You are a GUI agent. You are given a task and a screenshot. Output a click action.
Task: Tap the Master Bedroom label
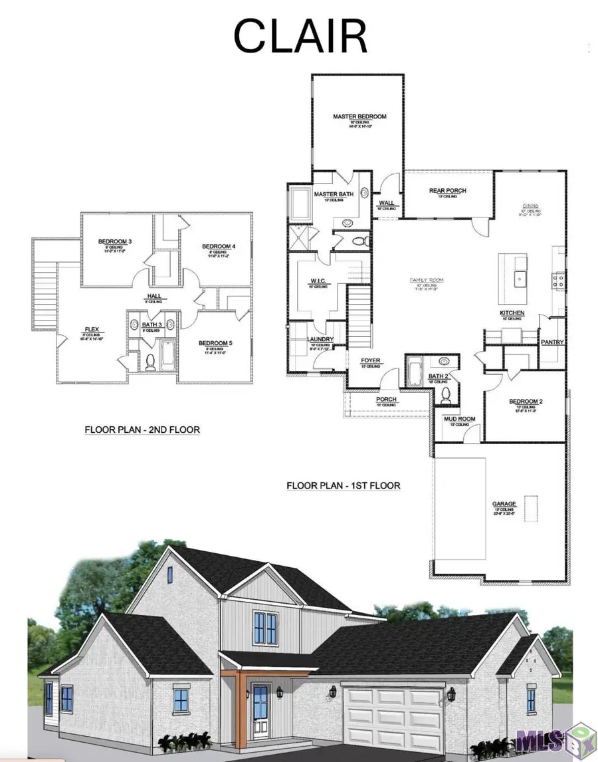point(359,116)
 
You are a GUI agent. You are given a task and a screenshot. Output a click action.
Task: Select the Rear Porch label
point(447,191)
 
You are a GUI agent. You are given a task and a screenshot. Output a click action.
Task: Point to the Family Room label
point(426,281)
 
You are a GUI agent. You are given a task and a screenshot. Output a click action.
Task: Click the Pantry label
point(552,342)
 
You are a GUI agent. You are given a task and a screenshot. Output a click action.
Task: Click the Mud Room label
point(459,419)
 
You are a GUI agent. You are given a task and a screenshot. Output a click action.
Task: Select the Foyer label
point(370,361)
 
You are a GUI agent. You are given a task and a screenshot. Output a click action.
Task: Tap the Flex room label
point(91,328)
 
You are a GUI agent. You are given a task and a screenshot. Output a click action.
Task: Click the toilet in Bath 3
point(150,362)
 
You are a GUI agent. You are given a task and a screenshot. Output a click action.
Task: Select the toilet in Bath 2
point(446,393)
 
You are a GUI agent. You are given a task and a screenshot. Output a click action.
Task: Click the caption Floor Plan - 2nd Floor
point(142,430)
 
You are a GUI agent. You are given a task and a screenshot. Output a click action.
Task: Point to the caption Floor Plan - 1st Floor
point(344,485)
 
